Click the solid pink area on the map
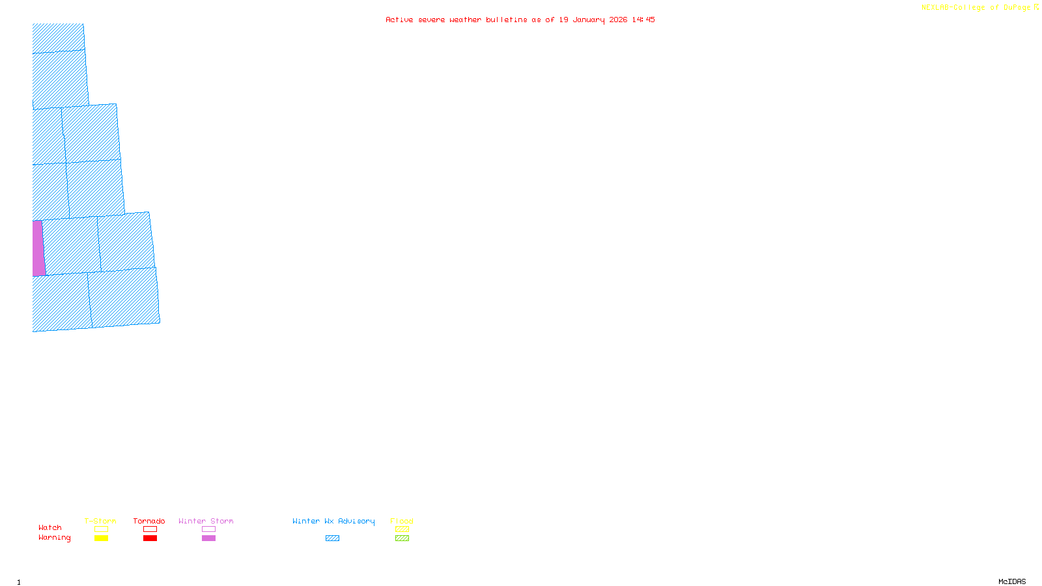[38, 248]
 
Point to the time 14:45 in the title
[643, 20]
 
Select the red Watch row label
[50, 527]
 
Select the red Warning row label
[55, 538]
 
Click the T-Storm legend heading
[100, 521]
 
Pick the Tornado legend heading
[149, 521]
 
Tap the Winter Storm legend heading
[206, 521]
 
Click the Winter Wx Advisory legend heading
[333, 521]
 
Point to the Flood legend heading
[402, 521]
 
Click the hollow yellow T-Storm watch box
[101, 529]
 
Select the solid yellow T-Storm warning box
[101, 538]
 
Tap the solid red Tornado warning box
[150, 538]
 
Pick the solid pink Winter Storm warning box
[208, 538]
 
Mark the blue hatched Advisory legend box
[332, 538]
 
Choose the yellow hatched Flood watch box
[402, 529]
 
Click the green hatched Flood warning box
[402, 538]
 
